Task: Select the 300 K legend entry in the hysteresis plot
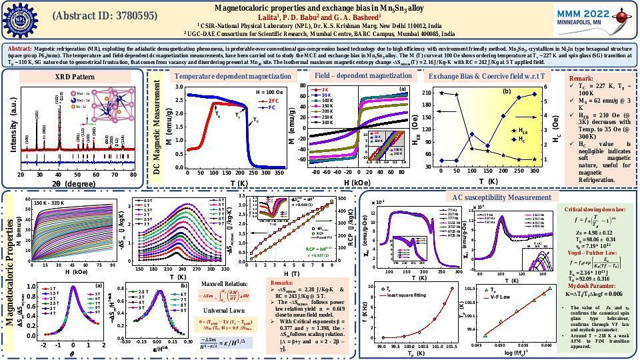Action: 327,123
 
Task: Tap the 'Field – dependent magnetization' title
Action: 363,76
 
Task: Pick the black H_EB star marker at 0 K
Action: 441,93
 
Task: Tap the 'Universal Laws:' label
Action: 221,310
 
